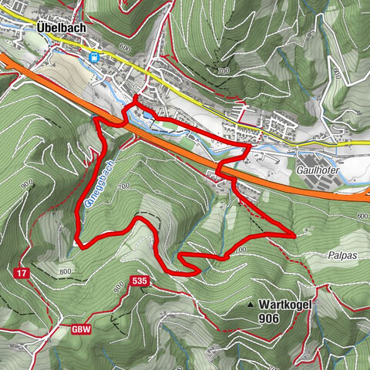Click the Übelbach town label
[62, 25]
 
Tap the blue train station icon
[95, 57]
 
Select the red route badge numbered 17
[21, 273]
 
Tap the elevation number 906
[269, 318]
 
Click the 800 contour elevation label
[65, 271]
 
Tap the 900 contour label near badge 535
[118, 288]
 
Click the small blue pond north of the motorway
[146, 114]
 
